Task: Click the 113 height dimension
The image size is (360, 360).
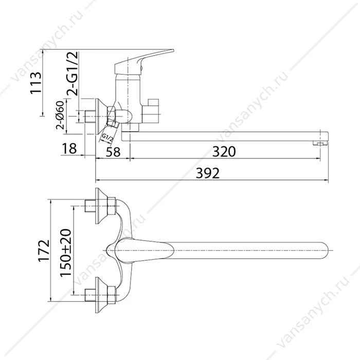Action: (x=35, y=83)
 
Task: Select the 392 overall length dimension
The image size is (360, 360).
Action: (x=208, y=173)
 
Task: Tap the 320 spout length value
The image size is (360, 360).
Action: (x=224, y=152)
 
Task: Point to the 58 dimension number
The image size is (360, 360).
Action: (x=113, y=152)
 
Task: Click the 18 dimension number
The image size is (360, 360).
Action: (x=69, y=148)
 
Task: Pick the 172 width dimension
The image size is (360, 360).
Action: (x=44, y=251)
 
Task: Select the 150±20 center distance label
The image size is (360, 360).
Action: (x=66, y=253)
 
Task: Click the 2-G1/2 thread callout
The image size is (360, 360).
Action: (x=73, y=74)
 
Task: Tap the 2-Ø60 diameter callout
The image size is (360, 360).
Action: (x=60, y=115)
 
